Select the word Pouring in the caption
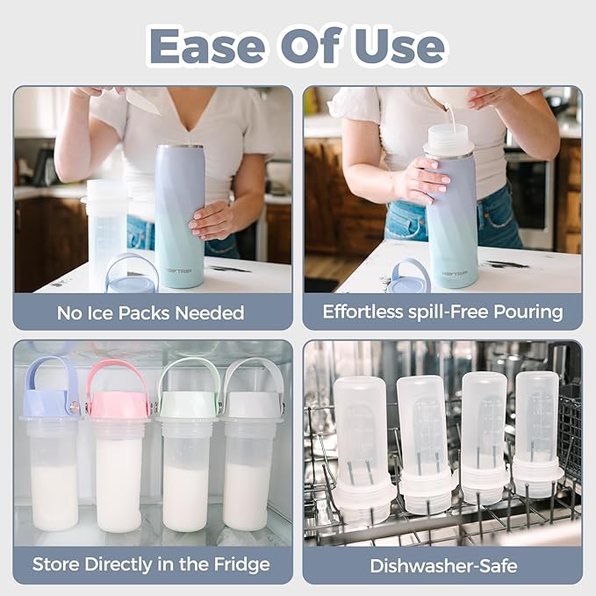pyautogui.click(x=528, y=312)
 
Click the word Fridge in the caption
pyautogui.click(x=241, y=564)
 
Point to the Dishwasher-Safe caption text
pyautogui.click(x=443, y=565)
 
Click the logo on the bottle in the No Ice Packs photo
pyautogui.click(x=179, y=270)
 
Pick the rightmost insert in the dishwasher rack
pyautogui.click(x=536, y=434)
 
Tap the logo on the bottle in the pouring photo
pyautogui.click(x=454, y=273)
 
